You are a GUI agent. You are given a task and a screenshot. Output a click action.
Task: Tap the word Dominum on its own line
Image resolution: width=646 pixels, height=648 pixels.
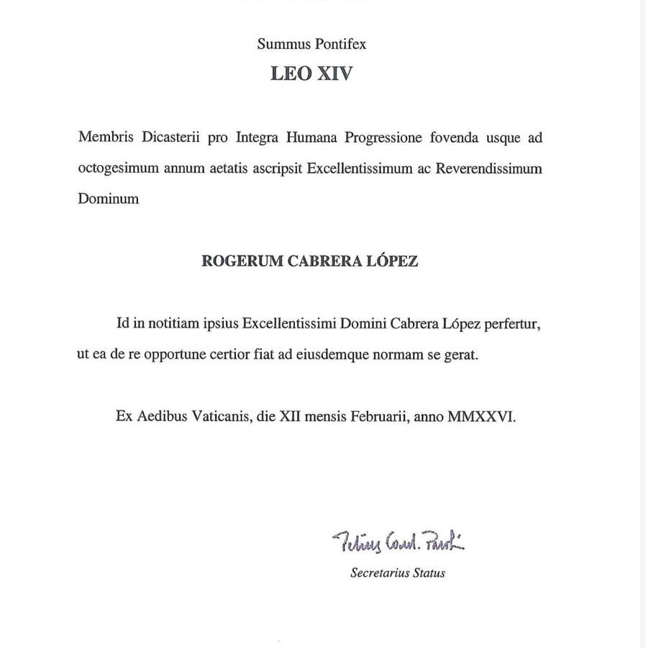(x=108, y=199)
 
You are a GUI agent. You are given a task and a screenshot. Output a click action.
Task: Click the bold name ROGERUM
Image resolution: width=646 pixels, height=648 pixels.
(x=242, y=262)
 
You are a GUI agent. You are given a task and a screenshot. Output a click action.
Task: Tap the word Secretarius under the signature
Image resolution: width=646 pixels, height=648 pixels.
(x=379, y=574)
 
